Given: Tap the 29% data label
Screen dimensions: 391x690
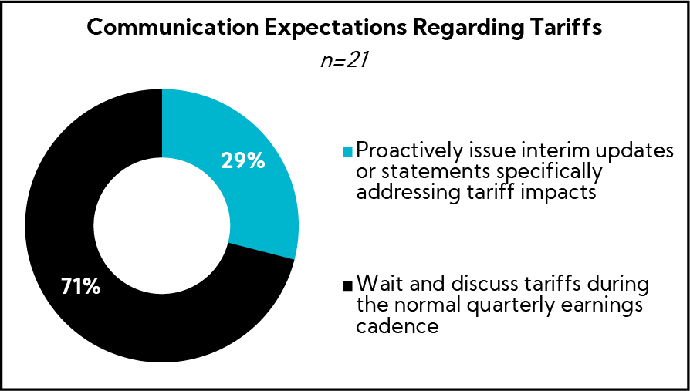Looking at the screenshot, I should tap(243, 162).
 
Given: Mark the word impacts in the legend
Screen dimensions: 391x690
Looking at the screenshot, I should tap(560, 192).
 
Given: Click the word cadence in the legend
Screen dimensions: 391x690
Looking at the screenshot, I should tap(397, 327).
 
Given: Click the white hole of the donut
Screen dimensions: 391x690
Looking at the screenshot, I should tap(162, 225).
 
